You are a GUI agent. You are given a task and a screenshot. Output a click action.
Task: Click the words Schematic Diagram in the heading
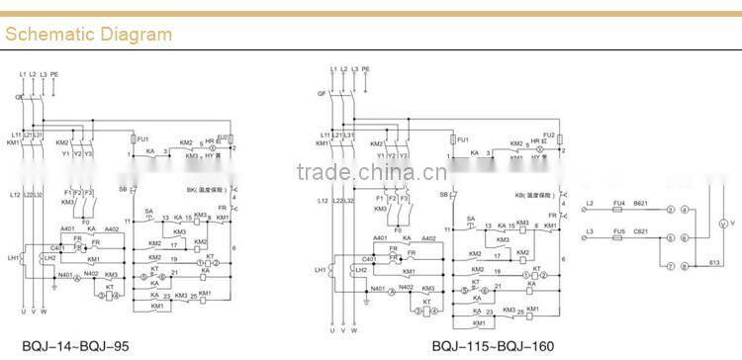click(x=88, y=35)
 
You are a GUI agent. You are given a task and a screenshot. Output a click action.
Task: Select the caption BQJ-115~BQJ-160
click(x=493, y=346)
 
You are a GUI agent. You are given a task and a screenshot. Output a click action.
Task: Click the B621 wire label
click(x=641, y=203)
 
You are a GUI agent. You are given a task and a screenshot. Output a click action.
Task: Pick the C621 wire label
click(x=641, y=231)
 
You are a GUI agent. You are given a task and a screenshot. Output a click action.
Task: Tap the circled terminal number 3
click(x=670, y=210)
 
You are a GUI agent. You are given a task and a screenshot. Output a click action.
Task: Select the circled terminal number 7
click(x=670, y=267)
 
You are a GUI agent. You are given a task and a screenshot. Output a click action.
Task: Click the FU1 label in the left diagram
click(x=142, y=140)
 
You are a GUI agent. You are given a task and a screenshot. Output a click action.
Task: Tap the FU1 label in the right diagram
click(x=462, y=139)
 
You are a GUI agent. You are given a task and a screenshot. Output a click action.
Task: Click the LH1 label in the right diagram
click(x=321, y=270)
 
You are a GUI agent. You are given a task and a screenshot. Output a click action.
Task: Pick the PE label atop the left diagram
click(x=55, y=74)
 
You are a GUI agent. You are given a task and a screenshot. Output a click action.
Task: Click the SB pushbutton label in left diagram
click(x=123, y=188)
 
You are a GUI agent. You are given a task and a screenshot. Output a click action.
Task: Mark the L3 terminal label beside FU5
click(x=590, y=231)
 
